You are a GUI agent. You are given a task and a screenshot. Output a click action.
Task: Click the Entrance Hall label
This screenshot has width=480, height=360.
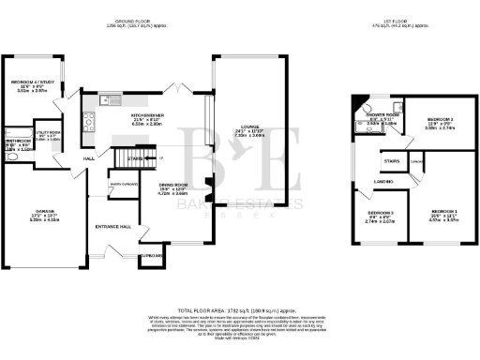click(x=112, y=227)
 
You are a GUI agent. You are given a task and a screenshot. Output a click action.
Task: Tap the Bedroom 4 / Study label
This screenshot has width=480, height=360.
click(x=28, y=82)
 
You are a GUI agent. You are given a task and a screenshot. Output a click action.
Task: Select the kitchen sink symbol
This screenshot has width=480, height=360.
click(x=105, y=97)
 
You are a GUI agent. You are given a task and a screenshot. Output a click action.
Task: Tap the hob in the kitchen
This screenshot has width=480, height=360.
click(x=88, y=118)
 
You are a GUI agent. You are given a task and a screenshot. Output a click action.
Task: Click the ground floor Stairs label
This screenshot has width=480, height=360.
click(x=135, y=159)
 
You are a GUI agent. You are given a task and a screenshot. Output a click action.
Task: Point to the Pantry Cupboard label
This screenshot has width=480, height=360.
click(x=125, y=185)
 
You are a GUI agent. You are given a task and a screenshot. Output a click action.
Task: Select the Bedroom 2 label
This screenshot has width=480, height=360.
click(x=441, y=120)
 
